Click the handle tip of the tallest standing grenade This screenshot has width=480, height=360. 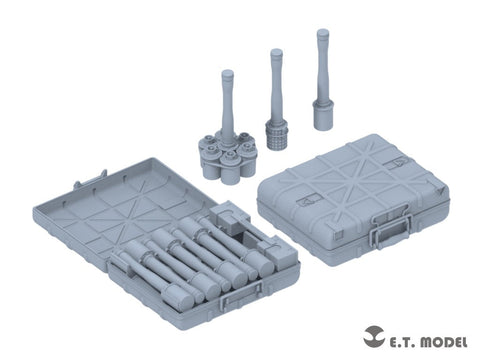tap(322, 34)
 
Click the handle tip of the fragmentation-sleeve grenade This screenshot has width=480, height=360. tap(273, 53)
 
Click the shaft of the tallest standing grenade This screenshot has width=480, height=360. tap(323, 65)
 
